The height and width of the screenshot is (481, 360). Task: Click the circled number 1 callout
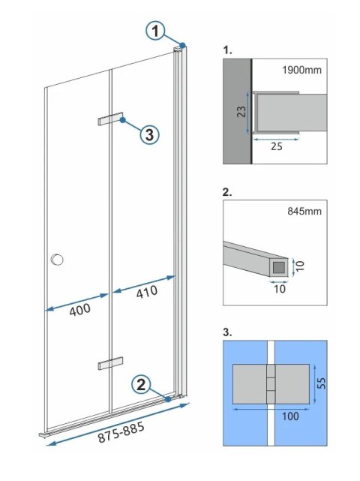(x=155, y=32)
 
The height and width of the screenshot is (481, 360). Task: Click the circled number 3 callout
(x=148, y=134)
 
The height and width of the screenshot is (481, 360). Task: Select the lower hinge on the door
(x=109, y=364)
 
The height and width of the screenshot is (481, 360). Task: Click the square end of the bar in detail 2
(x=280, y=266)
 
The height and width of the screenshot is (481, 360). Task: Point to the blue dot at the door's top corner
(x=182, y=46)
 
